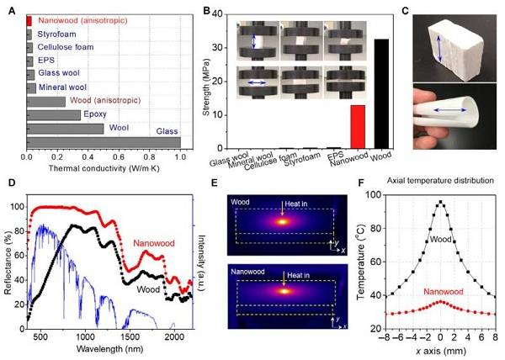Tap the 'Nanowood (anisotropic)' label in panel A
tap(78, 19)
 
